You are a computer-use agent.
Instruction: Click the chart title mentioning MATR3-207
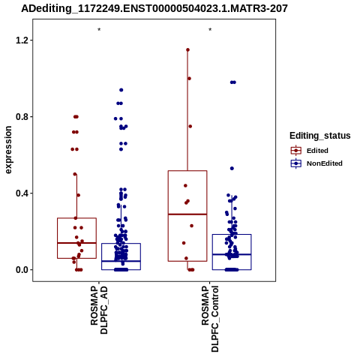pyautogui.click(x=154, y=8)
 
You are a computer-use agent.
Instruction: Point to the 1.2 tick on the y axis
pyautogui.click(x=21, y=40)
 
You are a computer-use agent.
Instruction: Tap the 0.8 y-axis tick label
pyautogui.click(x=21, y=117)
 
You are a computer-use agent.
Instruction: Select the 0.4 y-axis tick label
pyautogui.click(x=21, y=193)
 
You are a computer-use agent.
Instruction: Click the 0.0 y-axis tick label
pyautogui.click(x=21, y=270)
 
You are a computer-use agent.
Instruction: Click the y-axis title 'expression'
pyautogui.click(x=8, y=150)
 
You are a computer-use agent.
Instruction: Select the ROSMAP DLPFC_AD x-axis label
pyautogui.click(x=99, y=310)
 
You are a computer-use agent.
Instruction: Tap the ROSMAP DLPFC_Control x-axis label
pyautogui.click(x=210, y=319)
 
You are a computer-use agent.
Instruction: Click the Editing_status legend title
pyautogui.click(x=320, y=136)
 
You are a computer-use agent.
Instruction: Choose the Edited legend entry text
pyautogui.click(x=317, y=151)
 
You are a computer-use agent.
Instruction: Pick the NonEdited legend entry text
pyautogui.click(x=325, y=163)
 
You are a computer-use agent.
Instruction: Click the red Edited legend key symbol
pyautogui.click(x=296, y=151)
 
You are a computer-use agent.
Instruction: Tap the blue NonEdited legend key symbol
pyautogui.click(x=296, y=163)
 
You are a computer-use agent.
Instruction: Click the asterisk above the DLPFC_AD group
pyautogui.click(x=99, y=30)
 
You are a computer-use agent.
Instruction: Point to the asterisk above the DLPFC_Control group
pyautogui.click(x=210, y=30)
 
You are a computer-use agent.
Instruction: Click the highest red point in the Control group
pyautogui.click(x=187, y=50)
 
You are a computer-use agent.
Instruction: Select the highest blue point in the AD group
pyautogui.click(x=121, y=90)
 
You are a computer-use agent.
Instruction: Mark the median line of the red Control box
pyautogui.click(x=187, y=214)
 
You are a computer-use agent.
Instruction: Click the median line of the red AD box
pyautogui.click(x=76, y=243)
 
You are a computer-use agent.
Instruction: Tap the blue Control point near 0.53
pyautogui.click(x=232, y=169)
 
